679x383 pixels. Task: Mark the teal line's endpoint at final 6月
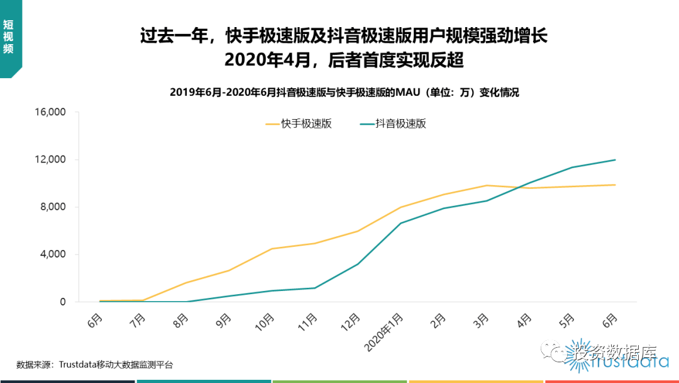point(614,160)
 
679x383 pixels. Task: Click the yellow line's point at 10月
point(272,249)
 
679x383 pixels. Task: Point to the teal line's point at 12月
point(357,264)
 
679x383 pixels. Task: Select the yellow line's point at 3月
point(486,185)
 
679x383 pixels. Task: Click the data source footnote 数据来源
point(94,364)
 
